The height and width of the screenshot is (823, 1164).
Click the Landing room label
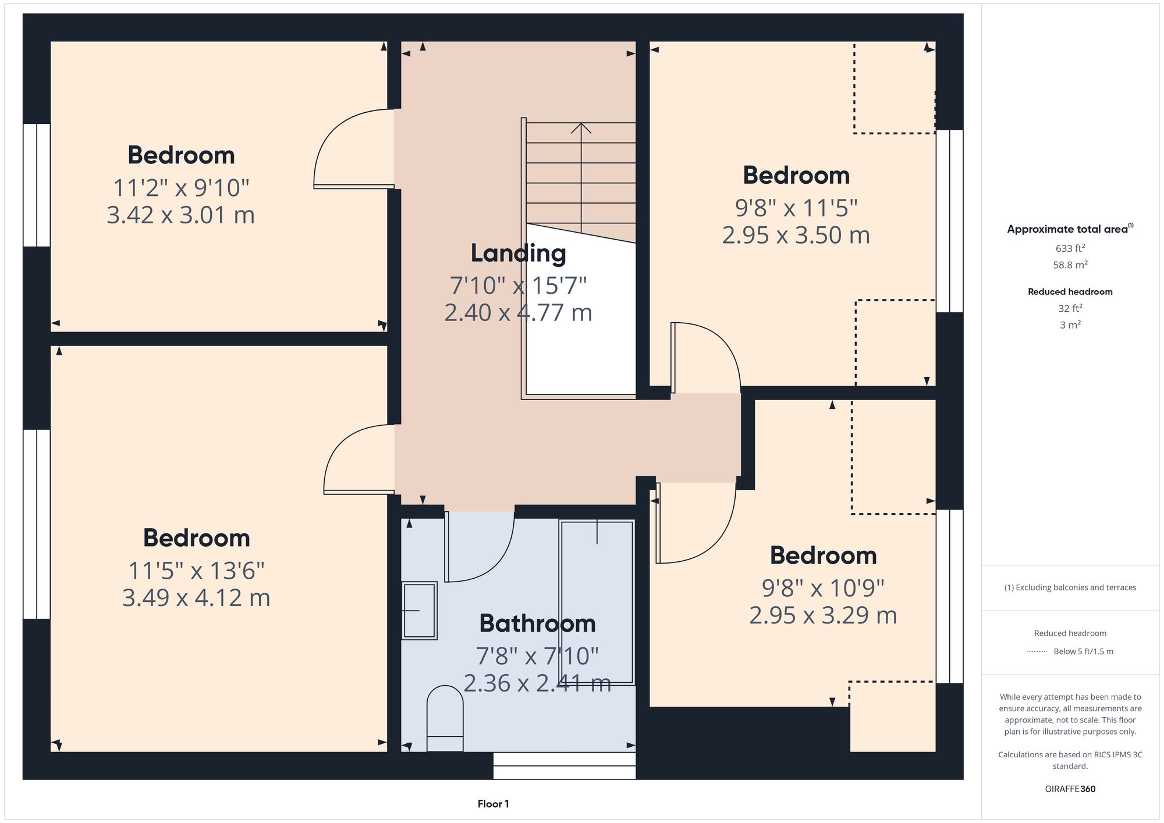[518, 253]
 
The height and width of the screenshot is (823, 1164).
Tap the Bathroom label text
[537, 623]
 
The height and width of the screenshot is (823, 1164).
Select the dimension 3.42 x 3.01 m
[180, 215]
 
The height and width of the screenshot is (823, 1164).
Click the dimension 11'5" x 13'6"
[196, 571]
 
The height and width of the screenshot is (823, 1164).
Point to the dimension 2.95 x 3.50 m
[796, 235]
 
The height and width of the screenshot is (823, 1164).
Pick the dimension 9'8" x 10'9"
[823, 588]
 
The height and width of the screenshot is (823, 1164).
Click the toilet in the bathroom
[445, 718]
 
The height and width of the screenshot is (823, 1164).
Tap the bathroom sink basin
[420, 610]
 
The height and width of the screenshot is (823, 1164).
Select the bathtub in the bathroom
[597, 602]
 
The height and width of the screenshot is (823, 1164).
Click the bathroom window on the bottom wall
[564, 766]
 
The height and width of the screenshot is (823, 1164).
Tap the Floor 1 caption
[493, 804]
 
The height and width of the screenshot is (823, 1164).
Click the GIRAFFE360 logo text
[1070, 789]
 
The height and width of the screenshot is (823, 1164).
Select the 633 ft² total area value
[1070, 248]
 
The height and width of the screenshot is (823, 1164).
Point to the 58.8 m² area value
[1070, 265]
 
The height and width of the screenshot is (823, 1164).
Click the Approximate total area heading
[1070, 229]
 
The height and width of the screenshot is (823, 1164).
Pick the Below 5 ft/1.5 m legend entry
[1083, 651]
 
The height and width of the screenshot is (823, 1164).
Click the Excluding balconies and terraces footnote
[1070, 587]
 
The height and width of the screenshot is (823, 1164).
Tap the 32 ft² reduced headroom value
[1070, 308]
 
